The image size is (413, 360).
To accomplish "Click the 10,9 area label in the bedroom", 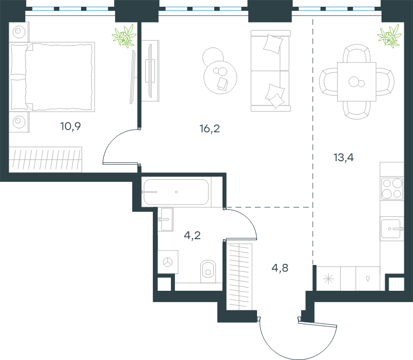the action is [x=70, y=127].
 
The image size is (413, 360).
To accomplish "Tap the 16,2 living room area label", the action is [x=210, y=129].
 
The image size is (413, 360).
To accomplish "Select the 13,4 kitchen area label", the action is [x=343, y=158].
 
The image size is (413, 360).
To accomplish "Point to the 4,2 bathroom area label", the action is [x=192, y=235].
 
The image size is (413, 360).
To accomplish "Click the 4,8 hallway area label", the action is [x=280, y=268].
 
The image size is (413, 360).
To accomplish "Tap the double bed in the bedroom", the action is [x=52, y=76].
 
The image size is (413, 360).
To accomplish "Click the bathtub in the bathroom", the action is [x=176, y=192].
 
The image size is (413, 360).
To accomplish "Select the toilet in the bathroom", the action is [x=208, y=272].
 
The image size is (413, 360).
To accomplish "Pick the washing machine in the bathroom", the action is [x=168, y=262].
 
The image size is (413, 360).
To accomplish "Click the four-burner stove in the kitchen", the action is [x=392, y=189].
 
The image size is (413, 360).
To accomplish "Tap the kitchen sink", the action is [x=392, y=229].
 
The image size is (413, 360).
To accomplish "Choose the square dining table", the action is [x=357, y=82].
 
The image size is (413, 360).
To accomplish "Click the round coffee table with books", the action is [x=220, y=77].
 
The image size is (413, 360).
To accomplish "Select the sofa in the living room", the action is [x=271, y=71].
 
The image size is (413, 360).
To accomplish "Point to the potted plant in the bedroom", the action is [x=124, y=36].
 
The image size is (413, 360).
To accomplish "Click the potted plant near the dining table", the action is [x=390, y=36].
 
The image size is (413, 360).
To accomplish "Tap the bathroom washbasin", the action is [x=166, y=220].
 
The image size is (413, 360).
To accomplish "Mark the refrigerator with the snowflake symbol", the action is [x=328, y=278].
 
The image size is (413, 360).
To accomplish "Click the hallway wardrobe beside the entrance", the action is [x=240, y=276].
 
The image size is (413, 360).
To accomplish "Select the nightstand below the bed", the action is [x=19, y=122].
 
